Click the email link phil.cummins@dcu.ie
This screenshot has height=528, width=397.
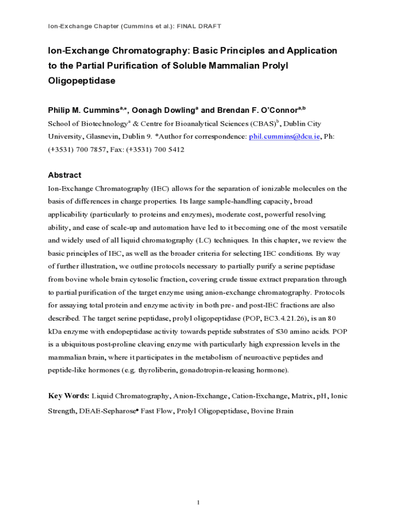click(x=284, y=137)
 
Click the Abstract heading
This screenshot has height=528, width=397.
click(x=64, y=175)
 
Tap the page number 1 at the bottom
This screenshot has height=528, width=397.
click(x=198, y=503)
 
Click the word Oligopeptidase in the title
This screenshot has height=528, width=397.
click(x=81, y=81)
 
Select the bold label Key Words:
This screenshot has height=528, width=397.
click(x=69, y=396)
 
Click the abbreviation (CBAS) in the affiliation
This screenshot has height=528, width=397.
click(x=263, y=124)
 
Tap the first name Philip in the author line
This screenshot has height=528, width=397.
click(x=60, y=110)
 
